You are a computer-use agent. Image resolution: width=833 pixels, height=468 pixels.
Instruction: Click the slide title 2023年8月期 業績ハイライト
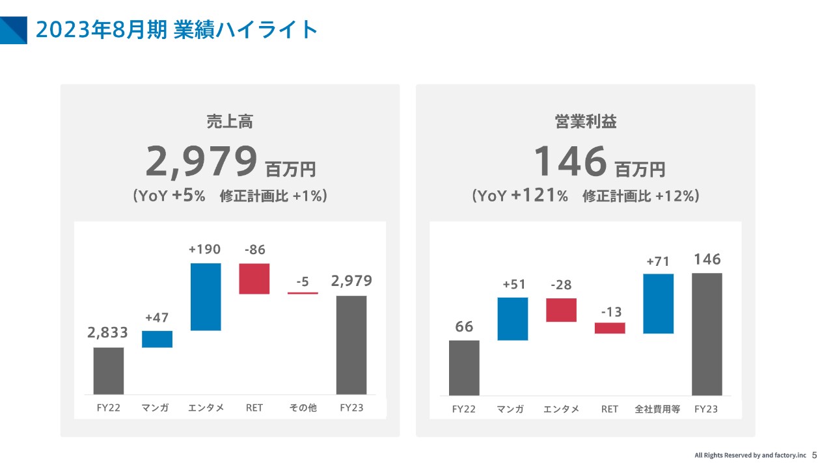[176, 30]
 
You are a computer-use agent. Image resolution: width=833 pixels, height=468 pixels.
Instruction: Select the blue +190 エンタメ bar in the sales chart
[206, 296]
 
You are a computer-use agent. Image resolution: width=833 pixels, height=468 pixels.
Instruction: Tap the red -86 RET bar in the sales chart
[254, 279]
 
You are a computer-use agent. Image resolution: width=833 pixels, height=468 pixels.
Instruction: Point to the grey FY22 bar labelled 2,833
[109, 370]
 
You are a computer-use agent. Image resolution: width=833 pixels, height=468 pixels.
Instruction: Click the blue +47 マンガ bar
[157, 339]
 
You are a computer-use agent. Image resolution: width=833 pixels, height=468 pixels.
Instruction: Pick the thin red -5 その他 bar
[303, 293]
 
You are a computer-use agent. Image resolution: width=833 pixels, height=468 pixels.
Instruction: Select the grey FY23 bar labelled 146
[707, 334]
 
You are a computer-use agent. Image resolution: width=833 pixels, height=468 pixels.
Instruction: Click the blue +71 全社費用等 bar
[658, 304]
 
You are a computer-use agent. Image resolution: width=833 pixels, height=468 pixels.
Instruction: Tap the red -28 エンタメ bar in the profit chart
[561, 310]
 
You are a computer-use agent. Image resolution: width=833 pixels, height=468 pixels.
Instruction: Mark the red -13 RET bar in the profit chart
[610, 328]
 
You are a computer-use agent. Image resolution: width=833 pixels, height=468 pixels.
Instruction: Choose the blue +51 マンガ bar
[513, 318]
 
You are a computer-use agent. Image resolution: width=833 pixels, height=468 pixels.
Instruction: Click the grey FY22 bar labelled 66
[464, 368]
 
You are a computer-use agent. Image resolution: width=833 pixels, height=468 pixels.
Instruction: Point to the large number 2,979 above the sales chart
[201, 162]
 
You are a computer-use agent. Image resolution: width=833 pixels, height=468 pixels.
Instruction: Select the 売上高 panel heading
[230, 122]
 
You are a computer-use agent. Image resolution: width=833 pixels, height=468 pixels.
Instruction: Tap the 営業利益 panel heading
[586, 122]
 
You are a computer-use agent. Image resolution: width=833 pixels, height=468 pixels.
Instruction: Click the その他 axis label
[303, 408]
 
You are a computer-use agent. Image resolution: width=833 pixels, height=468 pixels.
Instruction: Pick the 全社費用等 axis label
[657, 409]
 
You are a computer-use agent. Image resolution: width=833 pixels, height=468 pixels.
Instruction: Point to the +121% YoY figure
[539, 196]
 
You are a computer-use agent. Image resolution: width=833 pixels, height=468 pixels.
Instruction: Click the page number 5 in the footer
[814, 456]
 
